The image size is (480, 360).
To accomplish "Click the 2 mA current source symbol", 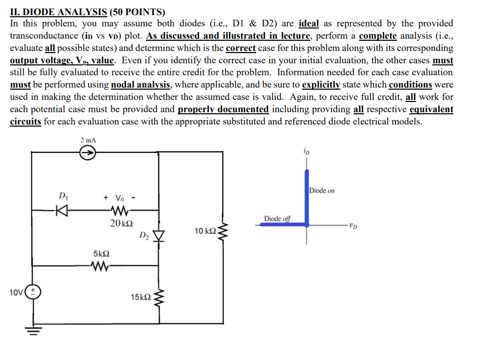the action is [87, 153].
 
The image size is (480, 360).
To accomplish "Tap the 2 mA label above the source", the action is [88, 140].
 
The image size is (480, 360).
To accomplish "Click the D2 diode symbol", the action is [159, 236].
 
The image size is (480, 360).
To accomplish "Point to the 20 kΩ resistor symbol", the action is [120, 211].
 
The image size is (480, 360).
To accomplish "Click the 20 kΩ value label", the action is [121, 223].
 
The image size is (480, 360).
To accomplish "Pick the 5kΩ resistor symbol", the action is [100, 266].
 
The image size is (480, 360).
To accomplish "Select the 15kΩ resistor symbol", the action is [159, 298].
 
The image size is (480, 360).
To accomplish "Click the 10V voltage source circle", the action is [33, 291].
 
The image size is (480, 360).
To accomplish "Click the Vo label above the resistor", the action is [119, 198].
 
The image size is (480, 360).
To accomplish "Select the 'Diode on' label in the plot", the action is [322, 191].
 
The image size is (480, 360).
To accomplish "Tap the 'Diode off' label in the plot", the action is [277, 219].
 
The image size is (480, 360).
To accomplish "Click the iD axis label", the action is [306, 151].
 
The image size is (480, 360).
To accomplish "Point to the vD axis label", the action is [353, 225].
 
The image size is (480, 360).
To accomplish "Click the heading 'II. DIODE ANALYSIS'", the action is [58, 12].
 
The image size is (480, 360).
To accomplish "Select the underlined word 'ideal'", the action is [309, 24].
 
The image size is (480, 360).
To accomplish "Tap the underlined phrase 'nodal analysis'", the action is [141, 85].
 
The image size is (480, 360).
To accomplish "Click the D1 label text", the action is [63, 195].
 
